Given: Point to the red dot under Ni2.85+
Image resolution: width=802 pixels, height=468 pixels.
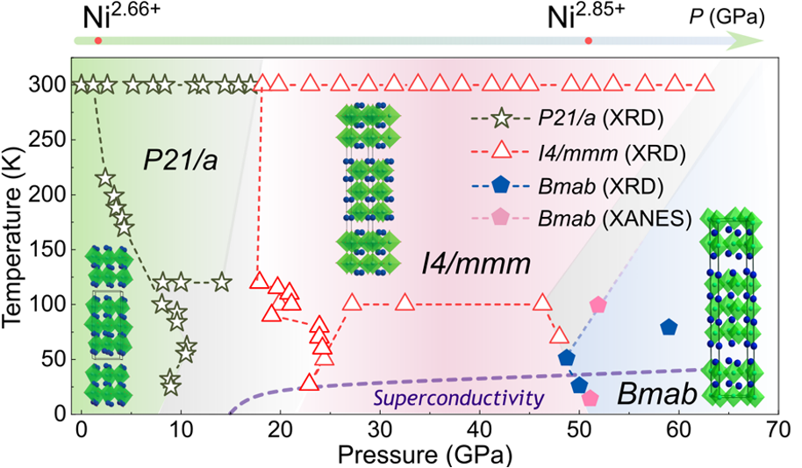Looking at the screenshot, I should (x=589, y=40).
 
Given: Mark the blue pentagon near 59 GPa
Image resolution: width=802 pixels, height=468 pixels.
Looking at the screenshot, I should (x=669, y=328).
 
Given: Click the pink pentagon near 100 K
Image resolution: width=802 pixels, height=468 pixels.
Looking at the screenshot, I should (x=598, y=305).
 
